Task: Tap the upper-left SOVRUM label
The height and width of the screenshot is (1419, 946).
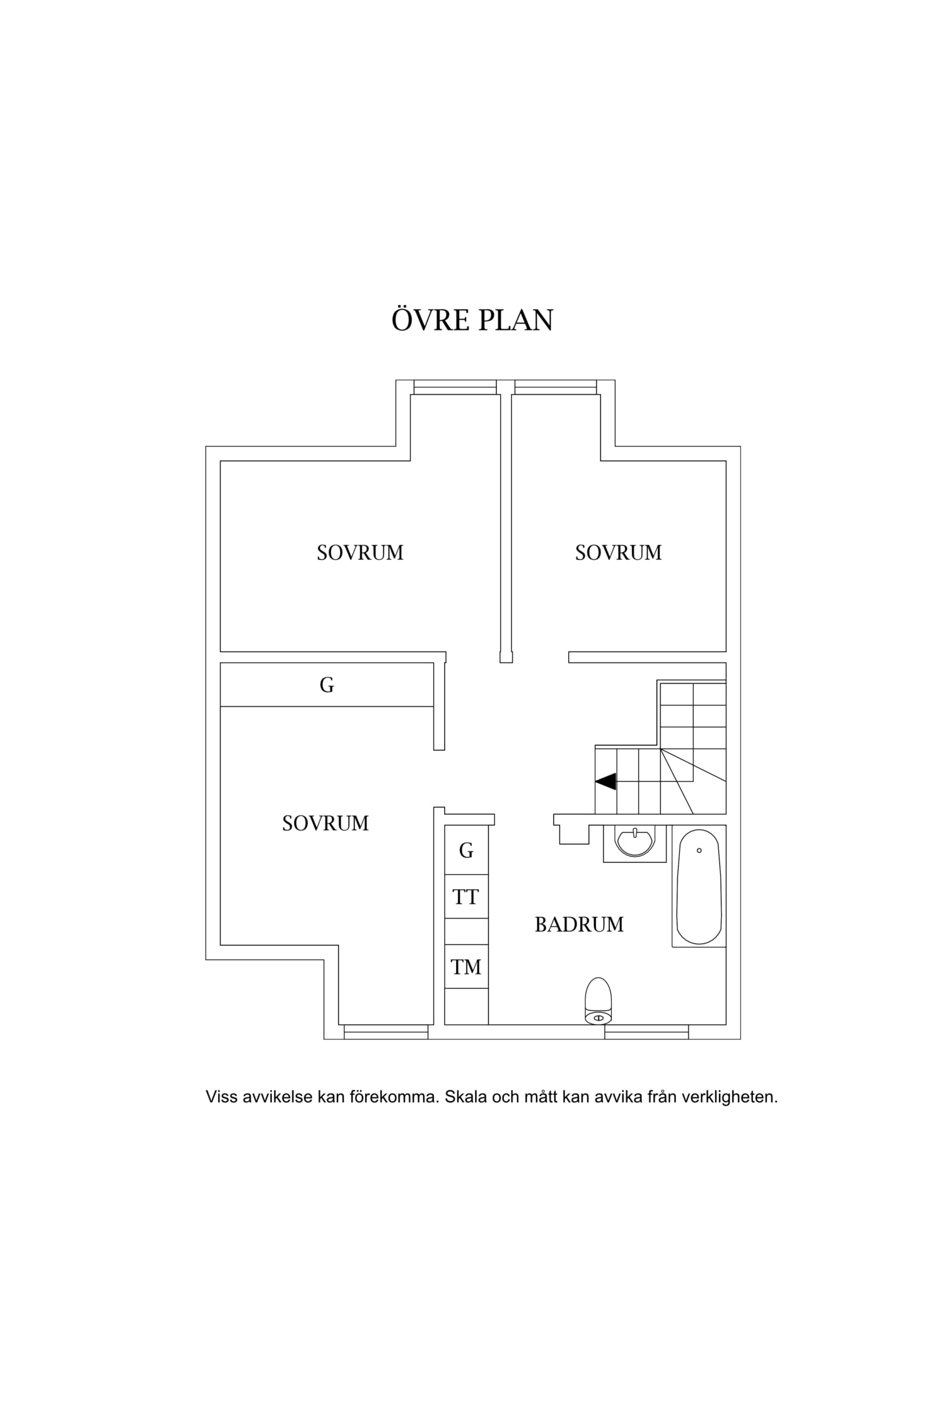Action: tap(360, 552)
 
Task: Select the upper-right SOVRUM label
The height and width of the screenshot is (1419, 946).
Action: tap(618, 552)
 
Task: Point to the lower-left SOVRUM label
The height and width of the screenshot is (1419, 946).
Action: tap(325, 823)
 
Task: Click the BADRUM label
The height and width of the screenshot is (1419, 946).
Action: tap(579, 925)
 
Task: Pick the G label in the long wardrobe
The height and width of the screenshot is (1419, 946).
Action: tap(327, 685)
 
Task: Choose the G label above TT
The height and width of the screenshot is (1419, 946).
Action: tap(466, 851)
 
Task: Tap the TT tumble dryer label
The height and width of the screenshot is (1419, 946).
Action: tap(465, 897)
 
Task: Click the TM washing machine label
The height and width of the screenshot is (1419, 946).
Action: tap(466, 967)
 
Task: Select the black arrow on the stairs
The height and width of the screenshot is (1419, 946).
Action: tap(606, 781)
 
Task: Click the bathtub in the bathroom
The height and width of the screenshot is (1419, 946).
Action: tap(699, 887)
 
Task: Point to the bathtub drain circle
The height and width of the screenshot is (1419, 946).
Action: tap(699, 850)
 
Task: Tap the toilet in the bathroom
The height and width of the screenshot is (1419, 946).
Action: tap(599, 1001)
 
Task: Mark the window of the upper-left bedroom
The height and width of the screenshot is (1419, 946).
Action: tap(455, 387)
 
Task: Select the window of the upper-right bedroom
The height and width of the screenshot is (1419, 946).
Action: tap(556, 387)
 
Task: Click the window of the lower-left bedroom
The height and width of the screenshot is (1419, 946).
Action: tap(386, 1032)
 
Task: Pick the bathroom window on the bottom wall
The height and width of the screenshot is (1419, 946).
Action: tap(646, 1032)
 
